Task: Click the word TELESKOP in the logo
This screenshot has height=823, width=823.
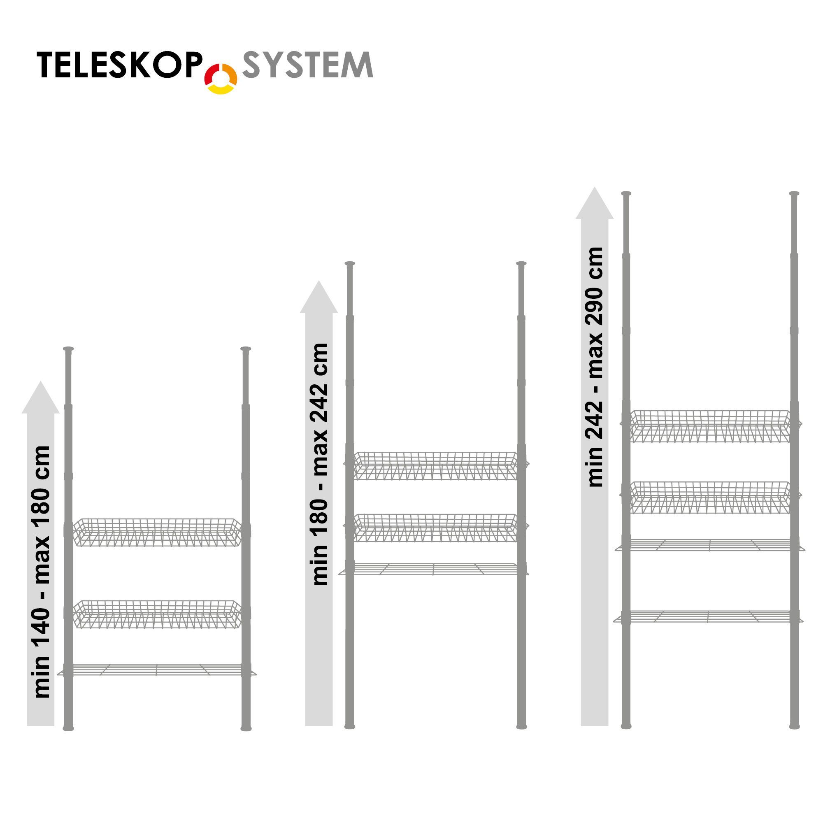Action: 119,65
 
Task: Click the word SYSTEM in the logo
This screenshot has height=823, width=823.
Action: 307,65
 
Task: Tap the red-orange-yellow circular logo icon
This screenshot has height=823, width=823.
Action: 221,78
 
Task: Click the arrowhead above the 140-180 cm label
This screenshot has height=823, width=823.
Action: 40,398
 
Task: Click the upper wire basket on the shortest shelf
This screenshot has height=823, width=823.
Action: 157,532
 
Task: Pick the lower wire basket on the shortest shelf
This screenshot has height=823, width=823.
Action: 157,615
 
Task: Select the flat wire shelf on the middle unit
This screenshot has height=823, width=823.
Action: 434,569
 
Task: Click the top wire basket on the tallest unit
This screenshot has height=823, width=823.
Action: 710,426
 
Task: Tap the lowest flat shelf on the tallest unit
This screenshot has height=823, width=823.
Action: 708,616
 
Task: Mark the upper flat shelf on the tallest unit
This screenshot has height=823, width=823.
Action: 710,545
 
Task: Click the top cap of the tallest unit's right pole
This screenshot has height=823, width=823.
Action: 794,194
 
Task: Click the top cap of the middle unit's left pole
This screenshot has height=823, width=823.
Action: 350,264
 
